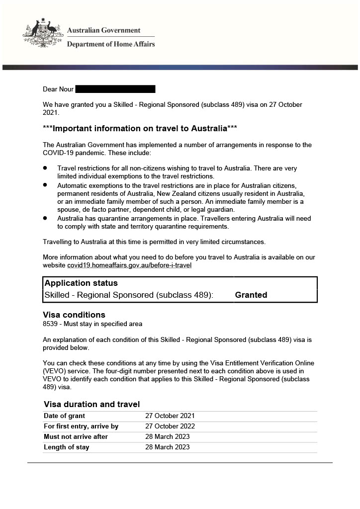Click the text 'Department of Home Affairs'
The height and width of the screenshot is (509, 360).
point(111,44)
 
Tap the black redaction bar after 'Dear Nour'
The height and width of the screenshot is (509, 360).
point(115,89)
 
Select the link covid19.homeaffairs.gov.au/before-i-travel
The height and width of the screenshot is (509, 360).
point(129,265)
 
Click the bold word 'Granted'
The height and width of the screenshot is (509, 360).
point(251,295)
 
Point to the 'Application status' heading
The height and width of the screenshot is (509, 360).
point(81,283)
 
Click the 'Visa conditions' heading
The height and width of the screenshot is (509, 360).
point(74,315)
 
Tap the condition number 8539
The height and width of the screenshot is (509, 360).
point(50,324)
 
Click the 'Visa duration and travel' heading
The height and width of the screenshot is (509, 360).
point(91,404)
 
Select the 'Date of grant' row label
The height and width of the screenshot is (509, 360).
point(64,416)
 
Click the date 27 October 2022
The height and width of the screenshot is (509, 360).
point(170,426)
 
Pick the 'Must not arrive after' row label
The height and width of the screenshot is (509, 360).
point(76,437)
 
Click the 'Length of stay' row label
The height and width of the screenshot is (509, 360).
point(66,447)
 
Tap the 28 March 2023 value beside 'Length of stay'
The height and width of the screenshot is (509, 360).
point(167,447)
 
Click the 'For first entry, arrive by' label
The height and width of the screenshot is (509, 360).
point(81,426)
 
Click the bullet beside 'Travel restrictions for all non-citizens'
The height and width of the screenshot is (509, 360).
point(45,169)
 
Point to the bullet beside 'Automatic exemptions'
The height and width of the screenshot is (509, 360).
point(45,184)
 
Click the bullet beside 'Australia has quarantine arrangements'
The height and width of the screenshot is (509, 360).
point(45,218)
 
